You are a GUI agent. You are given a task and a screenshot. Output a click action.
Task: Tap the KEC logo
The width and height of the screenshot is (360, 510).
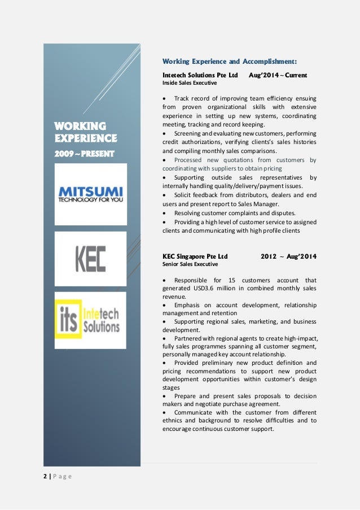90,258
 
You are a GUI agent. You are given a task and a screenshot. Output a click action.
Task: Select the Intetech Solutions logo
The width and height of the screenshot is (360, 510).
90,320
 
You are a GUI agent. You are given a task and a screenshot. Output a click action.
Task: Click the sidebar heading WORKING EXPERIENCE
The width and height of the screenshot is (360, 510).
85,132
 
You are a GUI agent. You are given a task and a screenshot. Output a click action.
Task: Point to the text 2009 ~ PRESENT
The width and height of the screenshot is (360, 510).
85,153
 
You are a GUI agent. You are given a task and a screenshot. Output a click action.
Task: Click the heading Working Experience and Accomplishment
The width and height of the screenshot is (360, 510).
230,61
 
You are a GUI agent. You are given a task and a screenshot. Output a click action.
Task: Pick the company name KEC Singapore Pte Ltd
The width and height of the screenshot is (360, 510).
195,256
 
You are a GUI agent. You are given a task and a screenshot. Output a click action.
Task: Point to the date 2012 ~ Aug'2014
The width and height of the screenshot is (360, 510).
288,256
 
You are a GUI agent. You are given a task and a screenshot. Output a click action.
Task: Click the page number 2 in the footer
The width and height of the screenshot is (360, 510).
45,476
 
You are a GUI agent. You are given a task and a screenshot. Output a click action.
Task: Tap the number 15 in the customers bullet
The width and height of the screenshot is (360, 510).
233,280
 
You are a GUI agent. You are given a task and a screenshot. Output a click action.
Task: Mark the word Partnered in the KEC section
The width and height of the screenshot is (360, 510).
190,338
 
